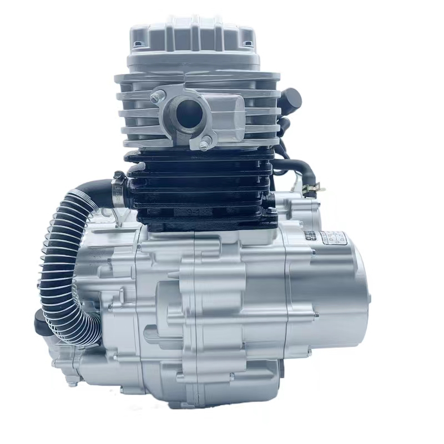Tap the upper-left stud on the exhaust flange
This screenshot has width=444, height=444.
pyautogui.click(x=155, y=98)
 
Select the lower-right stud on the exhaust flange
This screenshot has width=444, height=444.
pyautogui.click(x=204, y=146)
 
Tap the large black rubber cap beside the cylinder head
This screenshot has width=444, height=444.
pyautogui.click(x=291, y=100)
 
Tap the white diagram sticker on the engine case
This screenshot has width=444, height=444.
pyautogui.click(x=335, y=239)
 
